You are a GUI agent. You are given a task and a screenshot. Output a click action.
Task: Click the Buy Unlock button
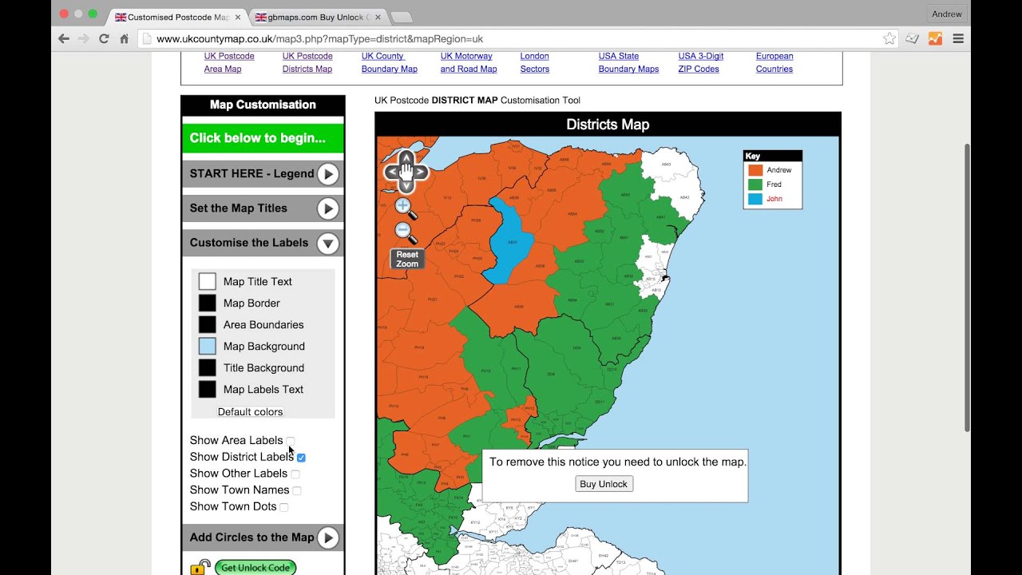604,484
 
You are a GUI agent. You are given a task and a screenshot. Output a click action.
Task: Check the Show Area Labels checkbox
291,441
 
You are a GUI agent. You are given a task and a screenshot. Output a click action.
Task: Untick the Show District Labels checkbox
301,458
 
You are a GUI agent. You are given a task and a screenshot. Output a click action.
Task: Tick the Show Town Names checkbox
297,490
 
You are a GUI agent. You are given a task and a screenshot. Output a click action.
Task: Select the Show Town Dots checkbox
284,507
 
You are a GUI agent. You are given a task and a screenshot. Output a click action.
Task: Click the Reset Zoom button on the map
406,259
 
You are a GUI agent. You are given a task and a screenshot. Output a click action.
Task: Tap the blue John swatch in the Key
755,199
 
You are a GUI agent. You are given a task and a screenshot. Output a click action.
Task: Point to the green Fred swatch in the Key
755,184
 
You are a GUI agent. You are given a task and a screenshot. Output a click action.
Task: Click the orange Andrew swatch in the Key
755,170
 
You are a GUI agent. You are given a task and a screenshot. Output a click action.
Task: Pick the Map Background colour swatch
207,346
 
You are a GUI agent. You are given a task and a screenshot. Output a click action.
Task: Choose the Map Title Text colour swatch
207,281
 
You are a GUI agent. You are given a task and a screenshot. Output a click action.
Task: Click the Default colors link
250,412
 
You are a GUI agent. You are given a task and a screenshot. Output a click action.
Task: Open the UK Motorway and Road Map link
468,62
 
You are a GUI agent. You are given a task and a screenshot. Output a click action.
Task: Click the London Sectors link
534,62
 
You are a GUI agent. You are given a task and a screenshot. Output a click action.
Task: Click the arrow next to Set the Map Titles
327,208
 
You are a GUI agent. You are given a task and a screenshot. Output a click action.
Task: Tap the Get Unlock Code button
255,568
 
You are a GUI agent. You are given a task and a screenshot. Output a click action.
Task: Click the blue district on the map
507,240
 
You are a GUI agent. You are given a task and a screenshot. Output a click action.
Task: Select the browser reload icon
104,38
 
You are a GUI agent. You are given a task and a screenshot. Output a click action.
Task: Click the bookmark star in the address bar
889,38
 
